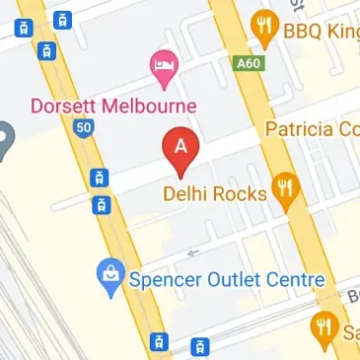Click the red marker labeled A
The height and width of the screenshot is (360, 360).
[x=180, y=147]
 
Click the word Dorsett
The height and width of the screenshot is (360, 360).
[x=66, y=105]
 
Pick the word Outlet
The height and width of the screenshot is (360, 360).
[x=230, y=280]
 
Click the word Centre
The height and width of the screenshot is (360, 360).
[x=295, y=280]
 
